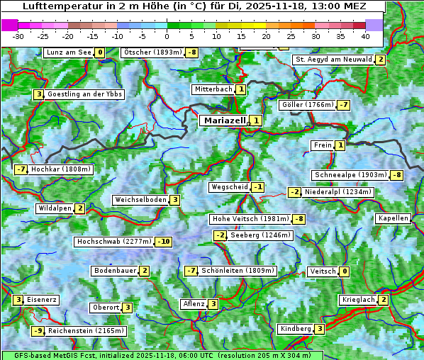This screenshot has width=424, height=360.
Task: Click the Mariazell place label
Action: click(x=224, y=120)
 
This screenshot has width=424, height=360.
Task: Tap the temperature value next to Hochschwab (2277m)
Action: click(x=164, y=242)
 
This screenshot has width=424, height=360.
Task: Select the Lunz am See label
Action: click(x=68, y=52)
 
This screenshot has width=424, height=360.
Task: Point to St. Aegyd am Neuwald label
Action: click(x=333, y=60)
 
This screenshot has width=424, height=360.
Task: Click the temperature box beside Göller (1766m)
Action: click(x=343, y=105)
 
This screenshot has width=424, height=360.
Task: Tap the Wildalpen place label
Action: click(x=55, y=208)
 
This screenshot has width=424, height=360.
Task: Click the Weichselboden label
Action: click(x=140, y=200)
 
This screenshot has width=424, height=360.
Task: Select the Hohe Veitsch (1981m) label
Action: click(x=251, y=219)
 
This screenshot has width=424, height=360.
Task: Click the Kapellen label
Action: click(x=393, y=218)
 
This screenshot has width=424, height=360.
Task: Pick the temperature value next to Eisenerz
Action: click(x=18, y=300)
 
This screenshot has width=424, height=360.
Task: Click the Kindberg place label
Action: click(x=296, y=329)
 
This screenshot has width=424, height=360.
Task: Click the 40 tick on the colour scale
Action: click(x=365, y=35)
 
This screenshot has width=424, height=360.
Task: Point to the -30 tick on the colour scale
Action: click(x=18, y=35)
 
